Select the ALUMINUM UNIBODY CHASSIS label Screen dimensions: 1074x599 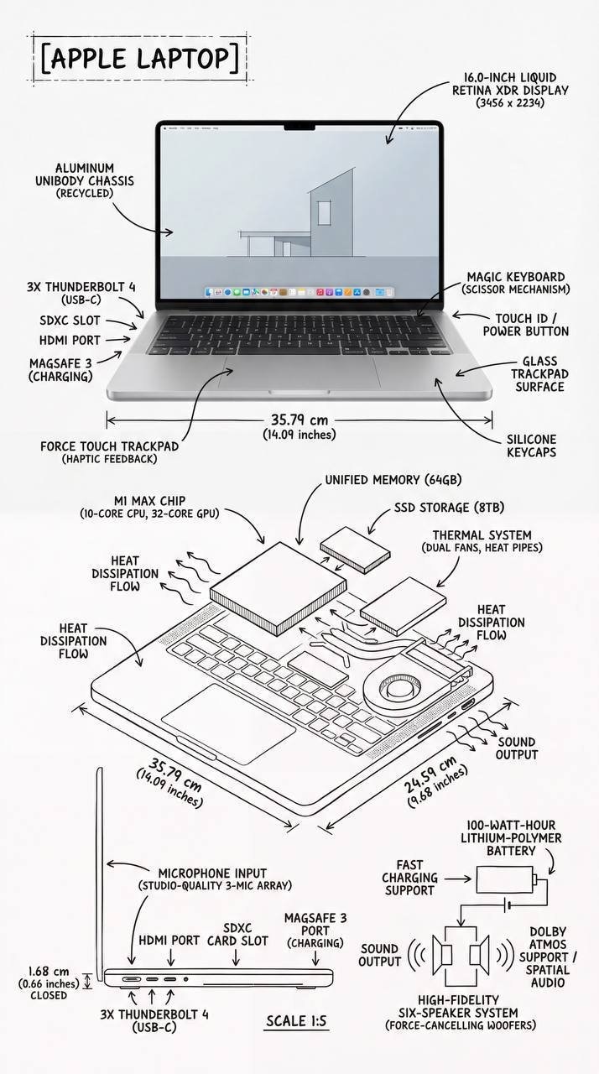click(84, 180)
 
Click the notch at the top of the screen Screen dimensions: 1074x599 click(299, 128)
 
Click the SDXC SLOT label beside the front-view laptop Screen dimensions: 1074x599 click(70, 321)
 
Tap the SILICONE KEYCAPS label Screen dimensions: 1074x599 click(531, 446)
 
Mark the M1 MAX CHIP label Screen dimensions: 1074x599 click(149, 506)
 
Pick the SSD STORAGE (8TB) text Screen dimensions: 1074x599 click(449, 508)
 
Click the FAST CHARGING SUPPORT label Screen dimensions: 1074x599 click(410, 878)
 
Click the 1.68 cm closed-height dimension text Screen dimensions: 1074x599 click(48, 983)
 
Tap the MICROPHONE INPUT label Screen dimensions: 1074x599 click(220, 878)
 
